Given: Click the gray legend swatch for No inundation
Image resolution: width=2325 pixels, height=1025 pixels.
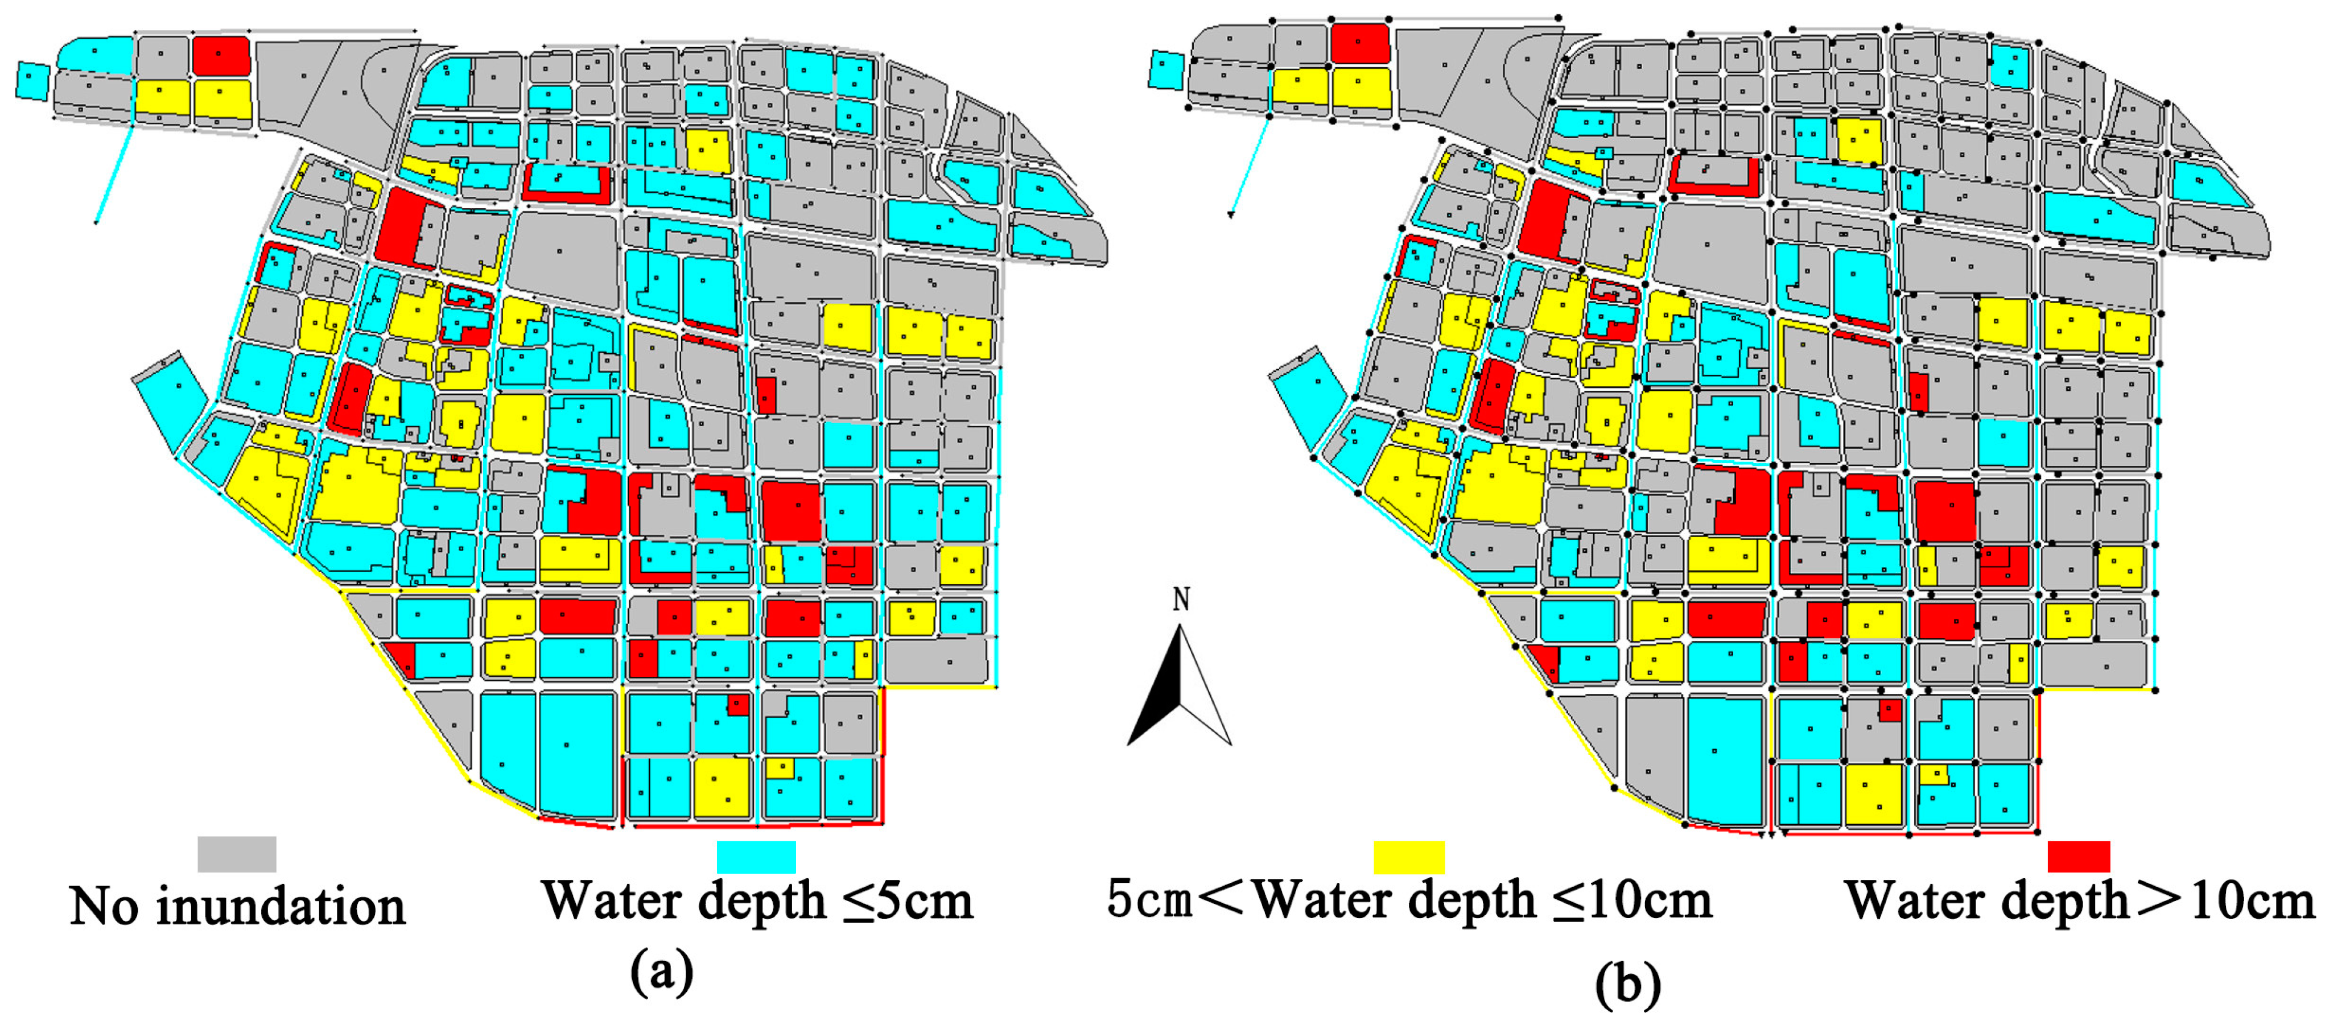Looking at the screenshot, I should coord(237,854).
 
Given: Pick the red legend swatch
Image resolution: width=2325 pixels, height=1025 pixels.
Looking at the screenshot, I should coord(2077,856).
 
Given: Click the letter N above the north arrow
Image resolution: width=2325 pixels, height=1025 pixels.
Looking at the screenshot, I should coord(1181,599).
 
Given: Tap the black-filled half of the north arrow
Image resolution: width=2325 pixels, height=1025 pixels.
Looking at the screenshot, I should coord(1159,695).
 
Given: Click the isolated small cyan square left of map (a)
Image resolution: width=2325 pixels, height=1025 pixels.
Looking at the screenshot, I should coord(32,80).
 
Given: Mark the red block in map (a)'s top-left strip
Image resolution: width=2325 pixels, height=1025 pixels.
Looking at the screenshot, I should coord(221,55).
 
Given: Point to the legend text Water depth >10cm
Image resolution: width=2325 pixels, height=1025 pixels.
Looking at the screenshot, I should coord(2080,900).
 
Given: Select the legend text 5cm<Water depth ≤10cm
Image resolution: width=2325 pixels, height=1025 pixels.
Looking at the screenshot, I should coord(1409,900).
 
